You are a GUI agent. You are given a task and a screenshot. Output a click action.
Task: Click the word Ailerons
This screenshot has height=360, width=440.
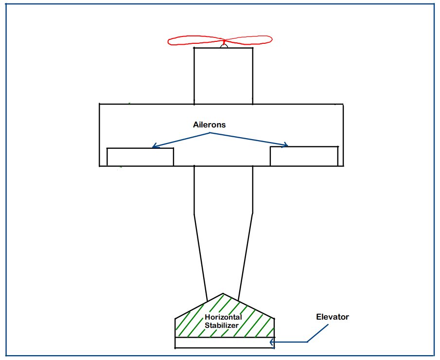pos(209,125)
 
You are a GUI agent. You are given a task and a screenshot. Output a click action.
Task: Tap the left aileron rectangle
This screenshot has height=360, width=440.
pos(140,157)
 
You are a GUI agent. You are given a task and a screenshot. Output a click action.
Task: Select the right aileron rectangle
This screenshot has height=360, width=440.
pos(304,156)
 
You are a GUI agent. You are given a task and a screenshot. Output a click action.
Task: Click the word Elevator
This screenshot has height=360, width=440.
pos(333,317)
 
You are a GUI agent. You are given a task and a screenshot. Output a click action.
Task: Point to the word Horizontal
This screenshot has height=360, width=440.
pos(223,318)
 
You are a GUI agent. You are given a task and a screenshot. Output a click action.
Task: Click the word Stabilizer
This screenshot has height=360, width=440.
pos(222,325)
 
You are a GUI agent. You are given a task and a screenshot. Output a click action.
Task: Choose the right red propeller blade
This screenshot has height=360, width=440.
pos(249,40)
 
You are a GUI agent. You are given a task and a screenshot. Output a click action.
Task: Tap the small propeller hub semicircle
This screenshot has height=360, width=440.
pos(224,46)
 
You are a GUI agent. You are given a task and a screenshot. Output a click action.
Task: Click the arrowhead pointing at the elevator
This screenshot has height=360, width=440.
pos(272,342)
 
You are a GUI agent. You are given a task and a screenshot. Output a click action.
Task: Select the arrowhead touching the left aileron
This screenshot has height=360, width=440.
pos(154,145)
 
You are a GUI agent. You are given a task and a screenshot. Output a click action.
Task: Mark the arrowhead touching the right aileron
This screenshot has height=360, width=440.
pos(286,144)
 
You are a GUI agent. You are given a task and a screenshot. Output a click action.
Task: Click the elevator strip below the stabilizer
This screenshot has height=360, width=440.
pos(225,342)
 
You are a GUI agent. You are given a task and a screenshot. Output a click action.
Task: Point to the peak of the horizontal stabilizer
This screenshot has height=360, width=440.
pos(223,294)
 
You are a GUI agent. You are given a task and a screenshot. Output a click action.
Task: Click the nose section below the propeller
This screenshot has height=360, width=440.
pos(223,75)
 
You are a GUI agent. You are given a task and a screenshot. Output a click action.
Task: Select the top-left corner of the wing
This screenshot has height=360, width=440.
pos(100,104)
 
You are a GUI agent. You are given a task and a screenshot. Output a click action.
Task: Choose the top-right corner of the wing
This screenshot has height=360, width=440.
pos(343,104)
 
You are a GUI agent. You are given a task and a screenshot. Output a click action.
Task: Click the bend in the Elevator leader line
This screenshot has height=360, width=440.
pos(308,342)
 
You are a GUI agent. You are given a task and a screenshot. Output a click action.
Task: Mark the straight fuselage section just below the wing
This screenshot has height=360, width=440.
pos(223,190)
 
